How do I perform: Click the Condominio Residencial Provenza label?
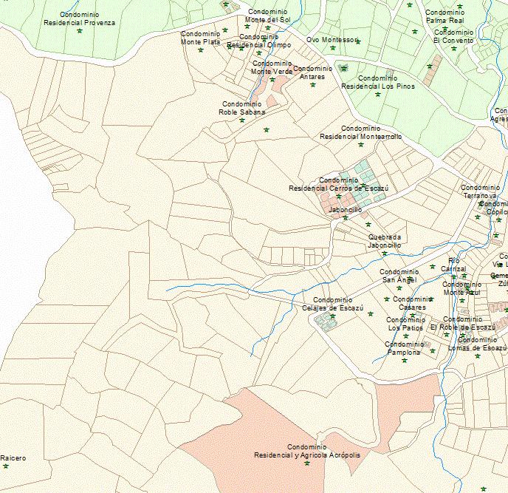click(x=79, y=18)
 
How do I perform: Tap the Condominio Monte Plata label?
click(x=201, y=38)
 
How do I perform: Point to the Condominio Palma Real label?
click(x=444, y=17)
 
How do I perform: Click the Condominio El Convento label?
click(x=453, y=36)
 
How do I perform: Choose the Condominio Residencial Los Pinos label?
click(x=378, y=82)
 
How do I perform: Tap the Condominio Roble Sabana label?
click(x=242, y=109)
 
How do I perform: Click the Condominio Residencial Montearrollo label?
click(x=360, y=132)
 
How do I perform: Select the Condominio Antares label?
click(x=312, y=72)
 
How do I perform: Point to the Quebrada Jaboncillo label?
click(x=384, y=241)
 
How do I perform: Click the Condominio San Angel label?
click(x=399, y=276)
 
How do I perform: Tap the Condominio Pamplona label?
click(x=404, y=348)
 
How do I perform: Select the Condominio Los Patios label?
click(x=405, y=323)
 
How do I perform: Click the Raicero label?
click(x=13, y=458)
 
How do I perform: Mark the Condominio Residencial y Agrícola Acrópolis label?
click(x=306, y=452)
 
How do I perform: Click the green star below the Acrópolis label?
click(x=306, y=464)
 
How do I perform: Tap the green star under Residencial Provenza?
click(x=79, y=31)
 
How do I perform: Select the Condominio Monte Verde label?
click(x=272, y=68)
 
